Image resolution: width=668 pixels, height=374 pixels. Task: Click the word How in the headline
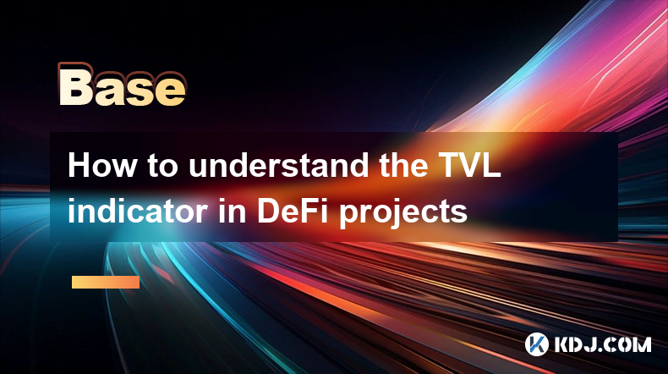101,165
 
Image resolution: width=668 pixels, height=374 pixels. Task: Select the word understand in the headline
279,165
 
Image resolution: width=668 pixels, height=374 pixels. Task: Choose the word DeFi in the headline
293,211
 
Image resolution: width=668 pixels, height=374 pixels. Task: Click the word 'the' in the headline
403,165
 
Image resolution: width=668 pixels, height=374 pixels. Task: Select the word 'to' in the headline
162,166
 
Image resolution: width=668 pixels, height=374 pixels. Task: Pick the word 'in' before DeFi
233,211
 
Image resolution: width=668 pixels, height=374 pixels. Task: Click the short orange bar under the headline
106,282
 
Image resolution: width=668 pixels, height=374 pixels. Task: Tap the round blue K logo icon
536,344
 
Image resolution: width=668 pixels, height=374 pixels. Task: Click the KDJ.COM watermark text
602,344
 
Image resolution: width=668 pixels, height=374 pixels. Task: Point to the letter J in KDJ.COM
590,344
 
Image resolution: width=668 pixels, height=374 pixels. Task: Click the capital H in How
79,165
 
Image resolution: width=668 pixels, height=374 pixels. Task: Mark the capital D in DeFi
268,211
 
